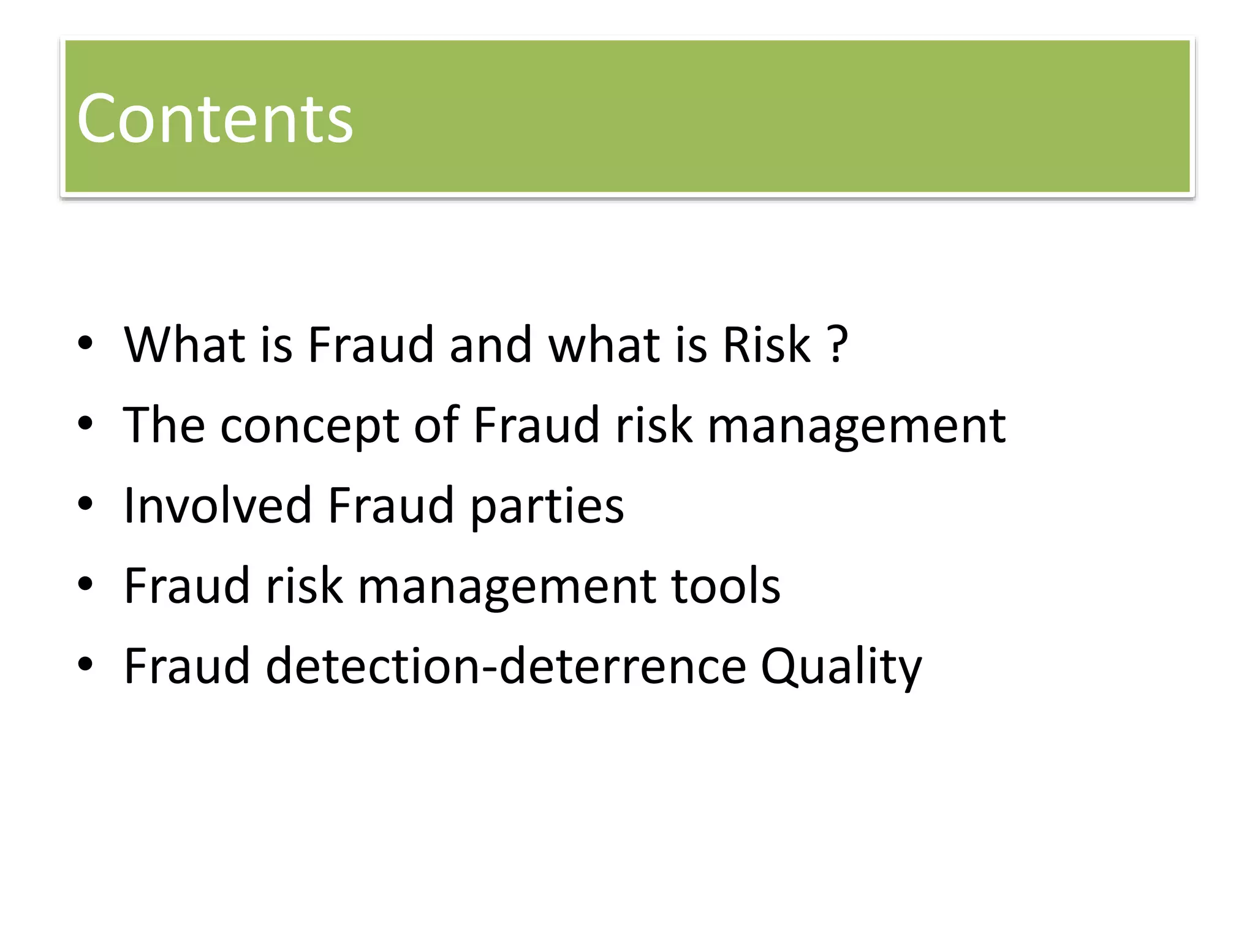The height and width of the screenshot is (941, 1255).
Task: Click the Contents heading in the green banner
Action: click(x=214, y=119)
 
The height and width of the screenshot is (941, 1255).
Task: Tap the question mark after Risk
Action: click(x=838, y=345)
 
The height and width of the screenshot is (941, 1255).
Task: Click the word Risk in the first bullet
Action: click(x=767, y=345)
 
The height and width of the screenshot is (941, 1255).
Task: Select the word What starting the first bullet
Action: click(x=185, y=345)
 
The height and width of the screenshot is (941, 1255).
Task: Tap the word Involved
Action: click(x=218, y=505)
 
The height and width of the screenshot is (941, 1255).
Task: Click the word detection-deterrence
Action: click(x=506, y=667)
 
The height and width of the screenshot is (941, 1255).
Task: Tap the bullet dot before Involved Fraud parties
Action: click(x=85, y=504)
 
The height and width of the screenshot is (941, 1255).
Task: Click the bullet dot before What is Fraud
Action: click(x=85, y=344)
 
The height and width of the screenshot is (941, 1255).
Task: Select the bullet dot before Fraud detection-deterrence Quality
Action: click(x=85, y=664)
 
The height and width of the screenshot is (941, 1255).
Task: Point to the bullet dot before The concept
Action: click(x=85, y=423)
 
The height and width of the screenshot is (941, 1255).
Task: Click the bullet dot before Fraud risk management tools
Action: click(x=85, y=584)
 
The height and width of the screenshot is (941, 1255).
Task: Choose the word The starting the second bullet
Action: click(x=164, y=425)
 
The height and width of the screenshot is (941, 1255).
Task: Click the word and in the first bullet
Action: click(x=490, y=345)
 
